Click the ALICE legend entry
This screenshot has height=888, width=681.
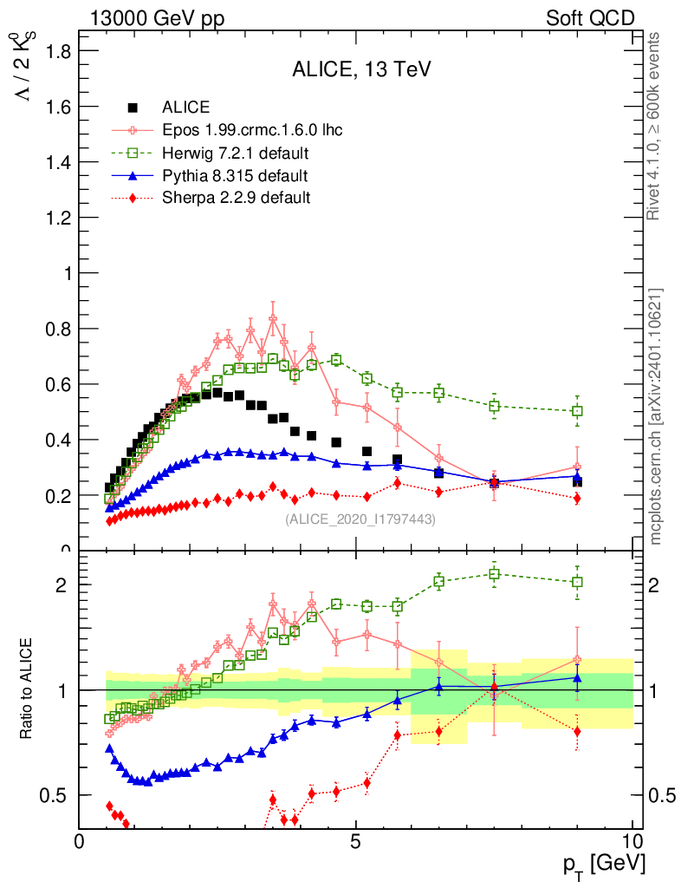coord(185,108)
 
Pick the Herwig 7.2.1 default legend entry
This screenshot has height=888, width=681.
coord(236,153)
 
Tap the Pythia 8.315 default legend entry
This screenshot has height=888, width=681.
coord(234,176)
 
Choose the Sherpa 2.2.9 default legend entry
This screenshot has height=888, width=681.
coord(236,198)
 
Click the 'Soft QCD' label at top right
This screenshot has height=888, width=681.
coord(590,18)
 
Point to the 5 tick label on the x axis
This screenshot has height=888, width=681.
coord(356,842)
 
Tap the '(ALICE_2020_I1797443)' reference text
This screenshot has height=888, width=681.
coord(360,519)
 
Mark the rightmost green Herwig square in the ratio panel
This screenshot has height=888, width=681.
coord(577,583)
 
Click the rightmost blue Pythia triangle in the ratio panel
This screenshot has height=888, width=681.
coord(577,678)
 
